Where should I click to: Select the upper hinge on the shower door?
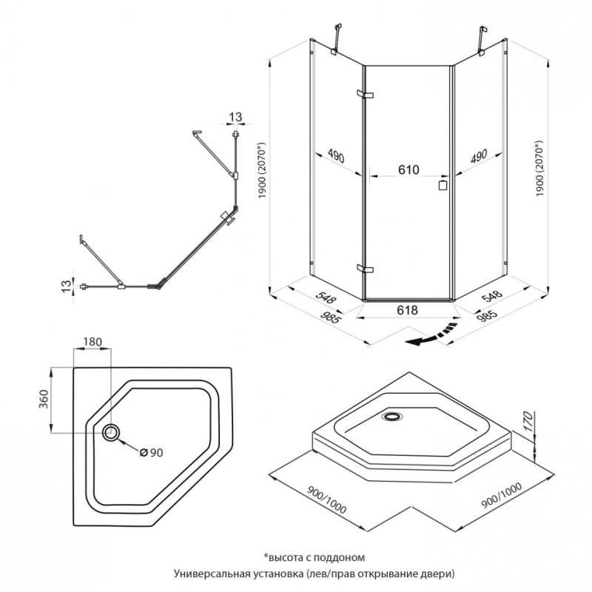click(x=365, y=95)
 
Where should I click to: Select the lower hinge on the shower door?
click(x=362, y=268)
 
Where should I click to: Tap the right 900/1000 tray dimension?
click(x=501, y=497)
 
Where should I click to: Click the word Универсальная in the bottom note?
click(x=210, y=573)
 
